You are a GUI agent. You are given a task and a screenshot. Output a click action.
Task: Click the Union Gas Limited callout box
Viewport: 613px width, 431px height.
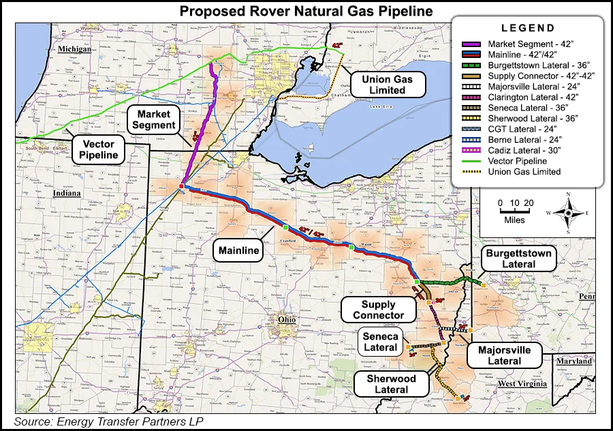click(x=388, y=85)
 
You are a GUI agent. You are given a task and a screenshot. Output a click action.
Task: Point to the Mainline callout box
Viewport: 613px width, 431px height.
click(x=239, y=251)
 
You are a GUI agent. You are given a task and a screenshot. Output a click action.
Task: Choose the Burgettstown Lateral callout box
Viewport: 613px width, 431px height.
click(x=518, y=258)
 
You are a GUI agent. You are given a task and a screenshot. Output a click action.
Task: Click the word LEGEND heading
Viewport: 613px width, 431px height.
click(x=528, y=29)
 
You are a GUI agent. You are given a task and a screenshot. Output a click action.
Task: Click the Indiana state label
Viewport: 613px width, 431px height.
click(x=67, y=194)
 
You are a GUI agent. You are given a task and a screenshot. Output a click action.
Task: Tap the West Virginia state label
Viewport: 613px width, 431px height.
click(x=522, y=385)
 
